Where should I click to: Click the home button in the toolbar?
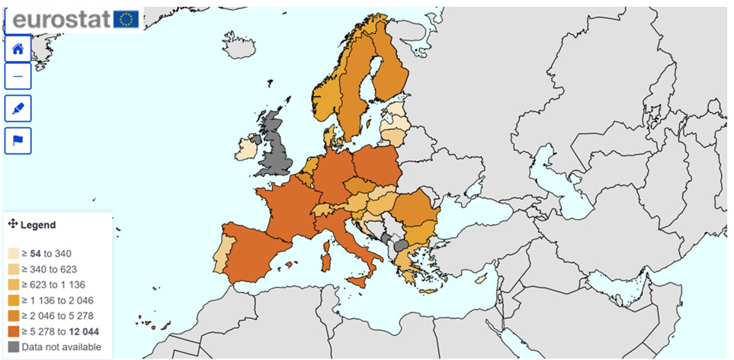pos(18,48)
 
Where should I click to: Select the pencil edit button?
pos(18,109)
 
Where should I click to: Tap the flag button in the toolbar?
pos(18,140)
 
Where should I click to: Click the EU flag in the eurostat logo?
pos(126,19)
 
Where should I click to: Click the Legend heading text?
pos(38,225)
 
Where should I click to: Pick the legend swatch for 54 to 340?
pos(14,253)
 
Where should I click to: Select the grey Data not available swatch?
pos(14,347)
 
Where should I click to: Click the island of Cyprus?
pos(481,279)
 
